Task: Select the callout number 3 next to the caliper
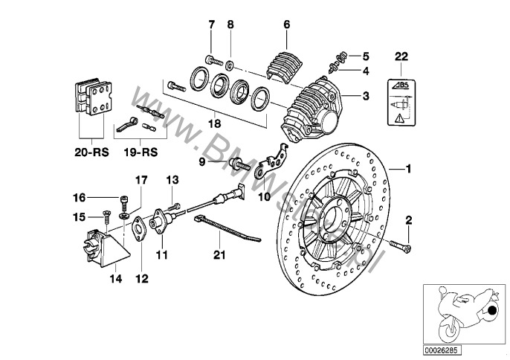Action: pos(366,96)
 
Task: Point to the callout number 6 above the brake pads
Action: pos(285,25)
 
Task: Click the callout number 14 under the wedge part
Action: pos(115,280)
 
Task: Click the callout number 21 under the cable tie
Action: pos(220,255)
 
